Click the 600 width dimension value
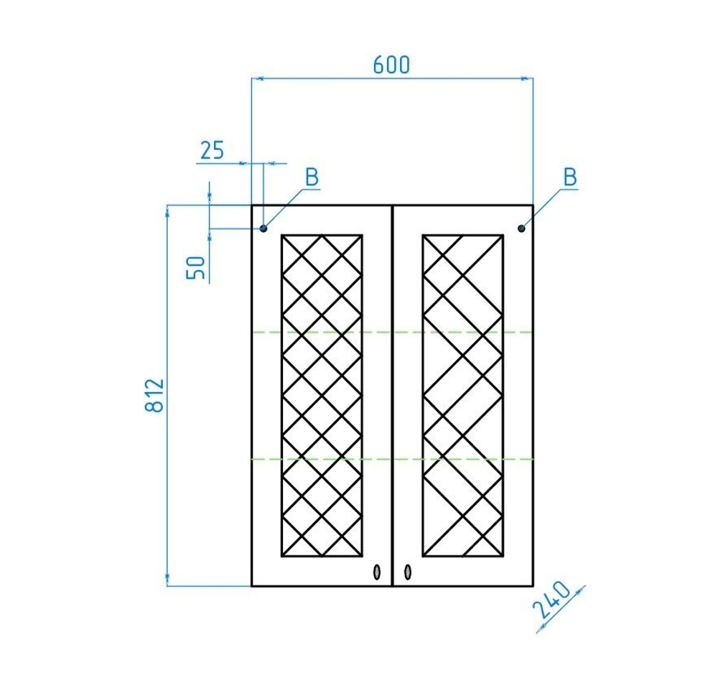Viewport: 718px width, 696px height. [391, 65]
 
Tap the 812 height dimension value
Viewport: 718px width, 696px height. [155, 395]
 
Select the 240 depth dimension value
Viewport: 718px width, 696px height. [552, 600]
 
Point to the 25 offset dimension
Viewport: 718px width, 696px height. [212, 150]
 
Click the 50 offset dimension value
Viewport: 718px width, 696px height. [195, 268]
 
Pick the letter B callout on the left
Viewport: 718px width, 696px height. [312, 177]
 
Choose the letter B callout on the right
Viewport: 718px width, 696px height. [570, 177]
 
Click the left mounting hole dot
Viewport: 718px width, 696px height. [264, 228]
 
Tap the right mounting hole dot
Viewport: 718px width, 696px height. [521, 228]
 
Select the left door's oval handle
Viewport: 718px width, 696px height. [377, 572]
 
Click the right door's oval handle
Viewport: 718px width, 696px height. [408, 572]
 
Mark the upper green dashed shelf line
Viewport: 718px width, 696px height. [393, 332]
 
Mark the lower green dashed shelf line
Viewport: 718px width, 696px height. [393, 458]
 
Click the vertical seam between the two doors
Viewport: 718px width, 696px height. [393, 395]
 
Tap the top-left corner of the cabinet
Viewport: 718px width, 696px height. [252, 205]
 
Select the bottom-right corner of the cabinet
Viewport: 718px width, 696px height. [533, 585]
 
